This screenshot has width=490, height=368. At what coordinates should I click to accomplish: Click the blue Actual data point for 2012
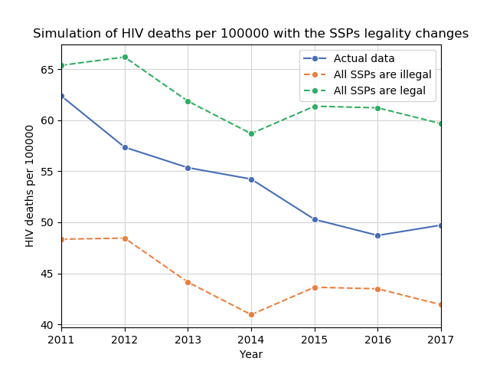tap(125, 147)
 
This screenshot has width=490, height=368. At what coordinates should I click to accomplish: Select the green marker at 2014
tap(251, 133)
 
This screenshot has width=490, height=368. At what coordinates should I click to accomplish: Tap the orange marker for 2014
tap(251, 314)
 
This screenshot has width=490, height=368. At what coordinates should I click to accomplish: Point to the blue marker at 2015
tap(315, 219)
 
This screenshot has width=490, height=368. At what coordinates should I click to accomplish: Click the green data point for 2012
tap(125, 57)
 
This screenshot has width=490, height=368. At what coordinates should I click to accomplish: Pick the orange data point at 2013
tap(188, 282)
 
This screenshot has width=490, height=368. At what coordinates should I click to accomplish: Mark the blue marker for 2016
tap(377, 235)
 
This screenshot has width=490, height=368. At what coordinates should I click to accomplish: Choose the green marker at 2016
tap(377, 108)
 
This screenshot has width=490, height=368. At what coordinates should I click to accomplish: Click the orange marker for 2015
tap(315, 287)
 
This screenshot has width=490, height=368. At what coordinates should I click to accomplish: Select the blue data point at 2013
tap(188, 168)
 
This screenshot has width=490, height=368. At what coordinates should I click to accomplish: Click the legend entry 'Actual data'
tap(364, 59)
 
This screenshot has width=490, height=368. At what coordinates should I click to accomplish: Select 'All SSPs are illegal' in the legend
tap(382, 74)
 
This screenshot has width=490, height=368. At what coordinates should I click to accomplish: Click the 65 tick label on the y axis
tap(47, 69)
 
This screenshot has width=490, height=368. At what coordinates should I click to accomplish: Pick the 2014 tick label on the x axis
tap(251, 339)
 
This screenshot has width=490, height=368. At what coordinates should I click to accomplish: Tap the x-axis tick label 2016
tap(377, 339)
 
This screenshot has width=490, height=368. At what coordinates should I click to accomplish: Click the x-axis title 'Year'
tap(251, 354)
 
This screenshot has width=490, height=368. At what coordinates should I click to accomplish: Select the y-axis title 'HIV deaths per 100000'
tap(31, 186)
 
